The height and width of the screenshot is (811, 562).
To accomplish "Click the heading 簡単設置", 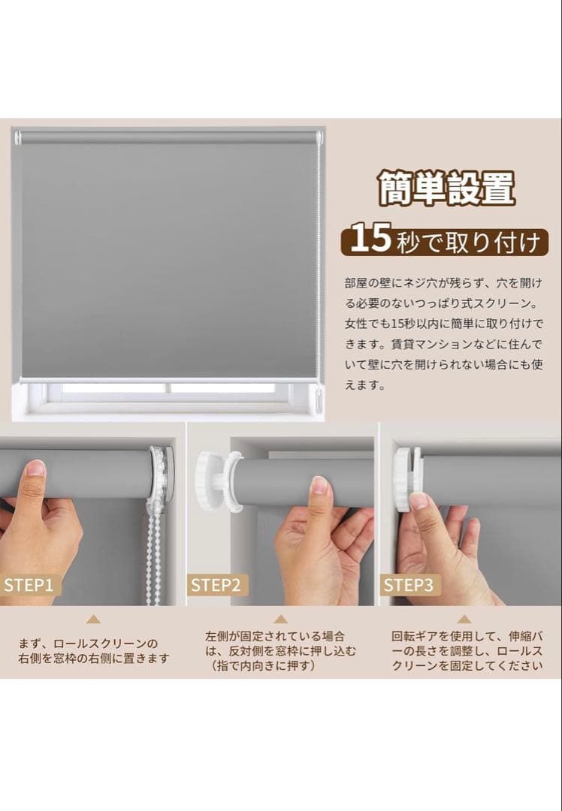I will pyautogui.click(x=446, y=188).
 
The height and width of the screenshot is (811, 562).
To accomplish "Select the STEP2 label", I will pyautogui.click(x=215, y=585).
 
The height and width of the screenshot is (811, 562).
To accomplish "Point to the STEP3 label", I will pyautogui.click(x=409, y=585).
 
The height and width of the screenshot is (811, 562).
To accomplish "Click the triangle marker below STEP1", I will pyautogui.click(x=93, y=620).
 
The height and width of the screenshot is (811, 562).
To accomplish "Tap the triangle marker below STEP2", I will pyautogui.click(x=280, y=620).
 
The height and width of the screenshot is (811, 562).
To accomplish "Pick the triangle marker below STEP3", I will pyautogui.click(x=464, y=620).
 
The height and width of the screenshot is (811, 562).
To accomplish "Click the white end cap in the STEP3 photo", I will pyautogui.click(x=403, y=478).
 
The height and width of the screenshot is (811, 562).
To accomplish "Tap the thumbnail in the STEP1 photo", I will pyautogui.click(x=35, y=469).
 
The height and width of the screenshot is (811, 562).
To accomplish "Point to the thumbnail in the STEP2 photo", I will pyautogui.click(x=320, y=486).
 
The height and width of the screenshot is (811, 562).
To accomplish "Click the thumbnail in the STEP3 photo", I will pyautogui.click(x=419, y=501).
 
